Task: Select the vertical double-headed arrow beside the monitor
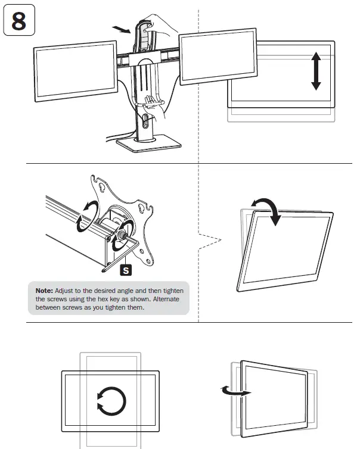[x=316, y=70]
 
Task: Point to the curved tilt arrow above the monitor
[x=267, y=210]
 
